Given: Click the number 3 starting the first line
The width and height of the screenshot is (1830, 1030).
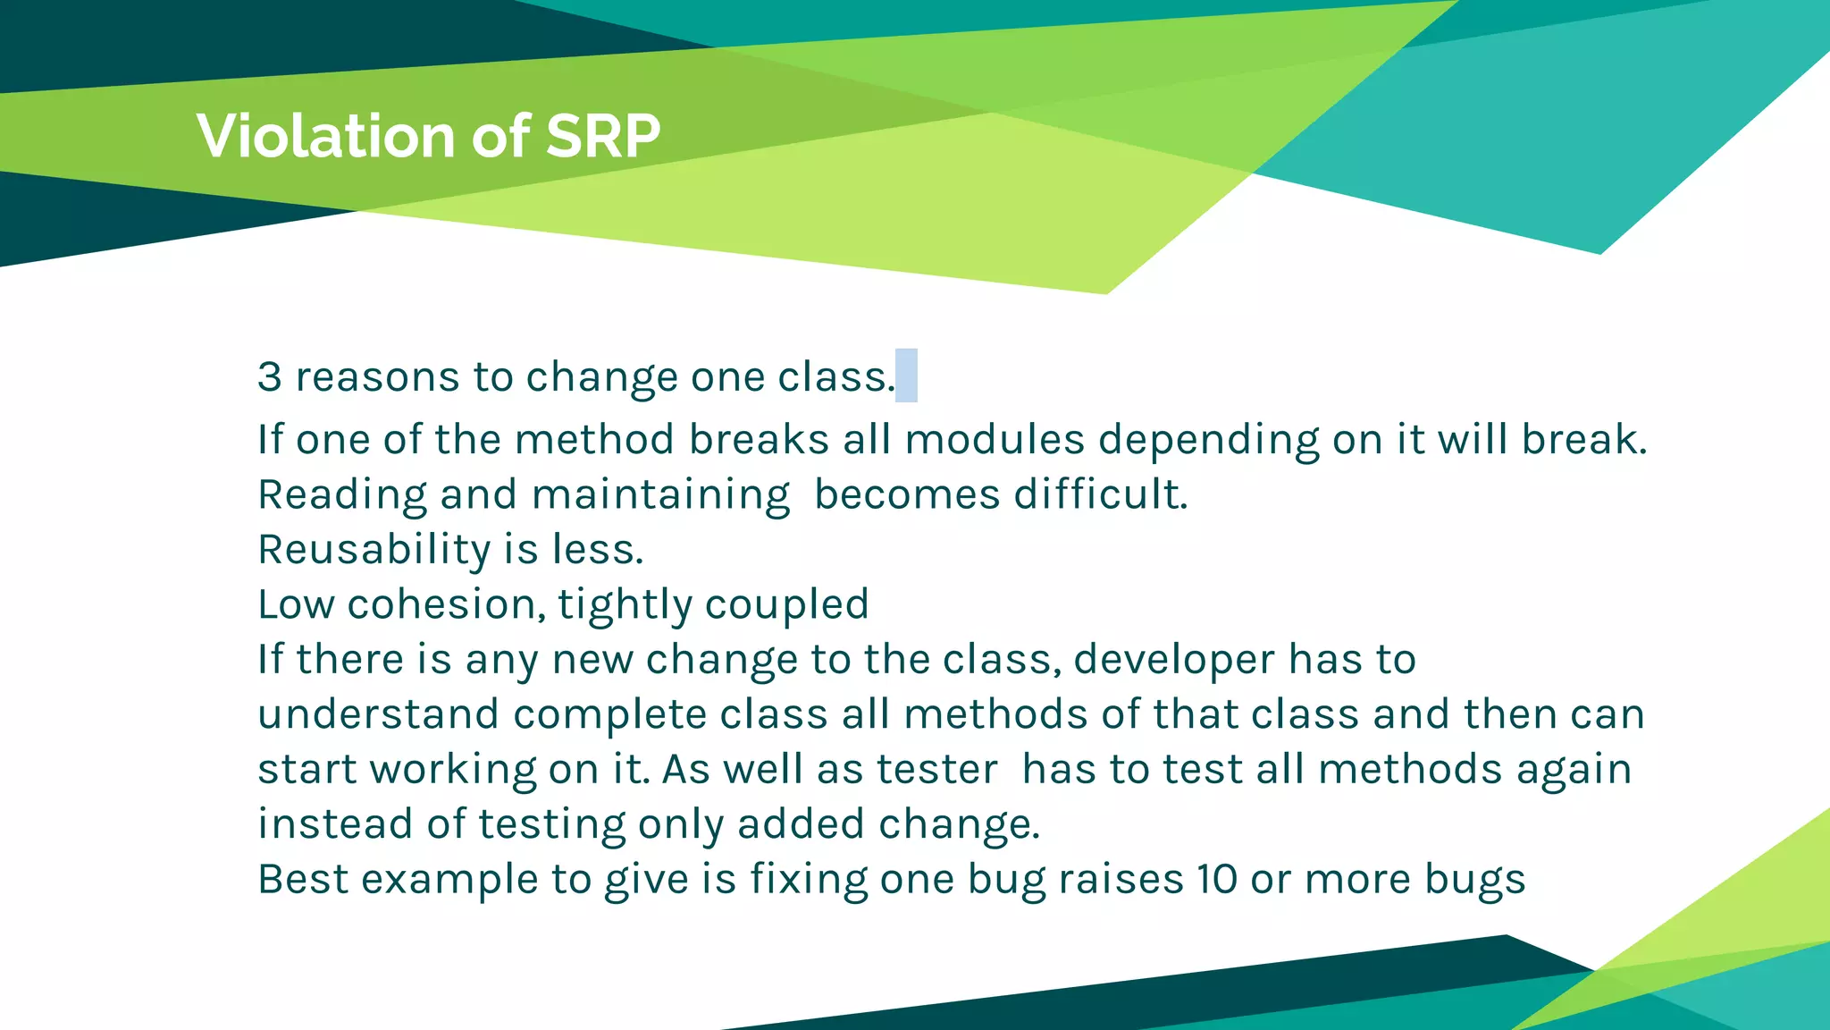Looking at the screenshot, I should [269, 376].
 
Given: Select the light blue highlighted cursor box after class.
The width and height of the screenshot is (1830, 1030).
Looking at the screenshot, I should [906, 376].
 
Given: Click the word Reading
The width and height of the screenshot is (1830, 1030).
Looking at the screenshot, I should [342, 495].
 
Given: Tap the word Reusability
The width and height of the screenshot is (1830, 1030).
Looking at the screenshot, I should [374, 550].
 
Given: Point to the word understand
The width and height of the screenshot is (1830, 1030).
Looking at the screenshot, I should [378, 714].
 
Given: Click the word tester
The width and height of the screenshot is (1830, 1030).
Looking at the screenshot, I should [936, 770].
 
